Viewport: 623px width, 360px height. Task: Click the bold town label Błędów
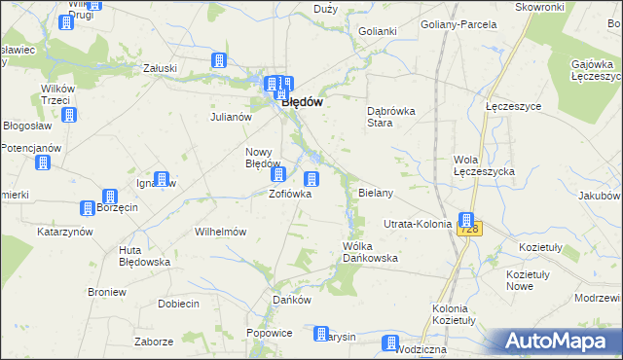click(303, 100)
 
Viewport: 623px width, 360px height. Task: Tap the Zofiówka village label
click(290, 194)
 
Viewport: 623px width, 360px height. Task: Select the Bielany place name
click(376, 193)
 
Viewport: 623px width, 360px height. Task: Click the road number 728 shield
click(469, 230)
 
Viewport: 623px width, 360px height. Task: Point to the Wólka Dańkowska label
click(372, 252)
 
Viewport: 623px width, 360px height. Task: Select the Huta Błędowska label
click(145, 255)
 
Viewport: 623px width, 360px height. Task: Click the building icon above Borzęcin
click(109, 198)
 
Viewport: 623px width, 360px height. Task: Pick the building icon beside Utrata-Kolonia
click(466, 221)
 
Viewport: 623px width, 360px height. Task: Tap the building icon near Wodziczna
click(390, 342)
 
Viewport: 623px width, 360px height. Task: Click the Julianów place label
click(232, 117)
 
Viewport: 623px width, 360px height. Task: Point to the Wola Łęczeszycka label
click(484, 165)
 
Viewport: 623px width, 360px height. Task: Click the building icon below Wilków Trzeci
click(68, 116)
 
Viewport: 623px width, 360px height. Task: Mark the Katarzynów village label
click(64, 233)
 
